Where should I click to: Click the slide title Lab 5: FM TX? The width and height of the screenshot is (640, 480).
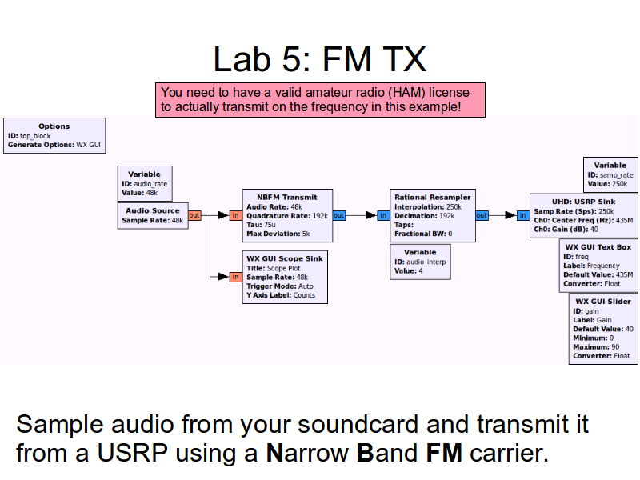[x=320, y=59]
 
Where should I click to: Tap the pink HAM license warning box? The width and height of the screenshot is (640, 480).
[x=320, y=99]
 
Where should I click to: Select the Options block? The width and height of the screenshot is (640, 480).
[x=54, y=136]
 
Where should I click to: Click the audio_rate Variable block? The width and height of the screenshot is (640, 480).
[x=144, y=183]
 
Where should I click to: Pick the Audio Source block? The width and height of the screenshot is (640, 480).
[x=153, y=215]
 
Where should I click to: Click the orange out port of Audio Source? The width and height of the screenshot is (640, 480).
[x=194, y=215]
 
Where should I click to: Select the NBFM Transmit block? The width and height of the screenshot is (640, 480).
[x=287, y=215]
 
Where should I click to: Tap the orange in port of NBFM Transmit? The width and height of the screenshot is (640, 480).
[x=235, y=215]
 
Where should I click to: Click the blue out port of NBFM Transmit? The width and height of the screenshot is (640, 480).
[x=338, y=215]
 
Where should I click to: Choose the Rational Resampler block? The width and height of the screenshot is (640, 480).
[x=433, y=215]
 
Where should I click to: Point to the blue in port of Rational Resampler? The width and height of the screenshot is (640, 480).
[x=383, y=215]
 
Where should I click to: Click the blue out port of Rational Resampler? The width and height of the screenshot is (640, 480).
[x=481, y=215]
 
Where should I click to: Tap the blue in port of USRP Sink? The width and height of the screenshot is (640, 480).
[x=522, y=215]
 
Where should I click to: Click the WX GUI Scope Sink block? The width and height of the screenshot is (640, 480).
[x=287, y=277]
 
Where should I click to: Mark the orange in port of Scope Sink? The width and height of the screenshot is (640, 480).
[x=235, y=277]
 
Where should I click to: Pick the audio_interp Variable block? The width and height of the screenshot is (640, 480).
[x=420, y=262]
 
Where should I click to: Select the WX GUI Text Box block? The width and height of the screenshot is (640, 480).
[x=598, y=266]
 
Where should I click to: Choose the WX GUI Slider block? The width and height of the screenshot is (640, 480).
[x=602, y=328]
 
